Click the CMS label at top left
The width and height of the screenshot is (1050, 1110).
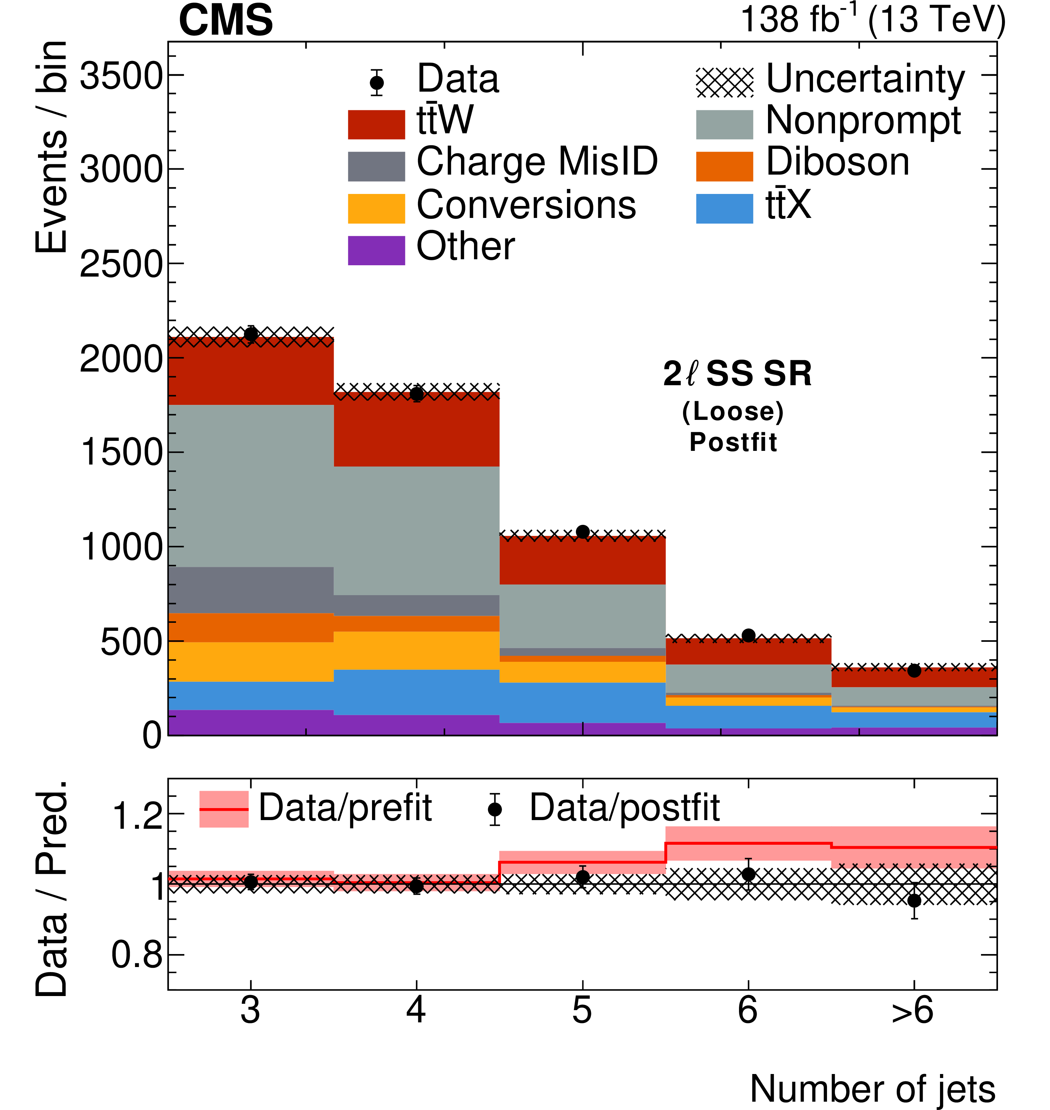(x=226, y=20)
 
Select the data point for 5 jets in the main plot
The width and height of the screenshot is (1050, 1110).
(x=583, y=532)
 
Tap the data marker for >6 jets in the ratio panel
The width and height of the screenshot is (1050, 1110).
(x=914, y=901)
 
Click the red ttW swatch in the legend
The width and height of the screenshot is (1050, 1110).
(x=376, y=124)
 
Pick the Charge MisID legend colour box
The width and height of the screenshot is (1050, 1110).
(x=376, y=166)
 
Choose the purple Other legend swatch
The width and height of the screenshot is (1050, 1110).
(x=376, y=250)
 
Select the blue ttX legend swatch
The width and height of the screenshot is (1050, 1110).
(x=724, y=208)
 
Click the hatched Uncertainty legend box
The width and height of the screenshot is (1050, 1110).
(x=724, y=82)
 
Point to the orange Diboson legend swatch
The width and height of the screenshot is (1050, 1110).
(x=724, y=166)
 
